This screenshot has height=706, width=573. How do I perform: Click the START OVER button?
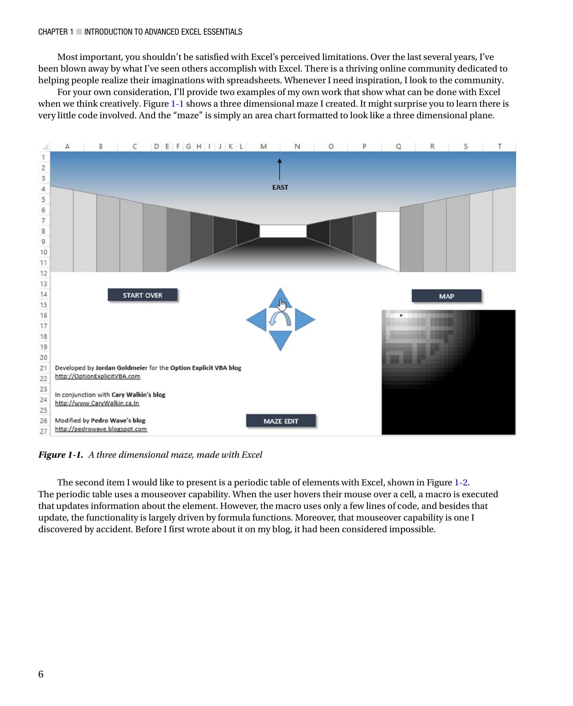click(x=142, y=295)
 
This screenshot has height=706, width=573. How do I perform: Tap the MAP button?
click(x=446, y=296)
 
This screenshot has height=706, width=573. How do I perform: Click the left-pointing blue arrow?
click(x=257, y=319)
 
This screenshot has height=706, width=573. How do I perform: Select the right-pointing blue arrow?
click(x=304, y=319)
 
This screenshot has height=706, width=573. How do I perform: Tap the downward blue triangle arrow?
click(x=280, y=340)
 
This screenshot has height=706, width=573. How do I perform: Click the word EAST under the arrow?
click(x=280, y=187)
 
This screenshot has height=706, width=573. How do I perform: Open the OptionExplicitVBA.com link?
click(x=97, y=376)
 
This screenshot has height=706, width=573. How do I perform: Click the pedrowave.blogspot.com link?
click(x=101, y=429)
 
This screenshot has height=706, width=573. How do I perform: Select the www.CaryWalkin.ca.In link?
click(x=97, y=403)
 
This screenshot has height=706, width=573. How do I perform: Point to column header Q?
click(x=398, y=146)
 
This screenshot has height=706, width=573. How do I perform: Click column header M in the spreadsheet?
click(x=264, y=146)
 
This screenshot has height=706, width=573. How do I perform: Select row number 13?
click(x=44, y=284)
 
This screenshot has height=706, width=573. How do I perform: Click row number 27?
click(x=44, y=431)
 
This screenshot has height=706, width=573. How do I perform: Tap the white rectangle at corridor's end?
click(x=283, y=231)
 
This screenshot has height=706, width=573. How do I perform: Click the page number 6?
click(x=41, y=674)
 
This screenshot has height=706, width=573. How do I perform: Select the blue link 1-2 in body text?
click(x=461, y=482)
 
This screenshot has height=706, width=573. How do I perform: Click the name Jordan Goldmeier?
click(x=121, y=368)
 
